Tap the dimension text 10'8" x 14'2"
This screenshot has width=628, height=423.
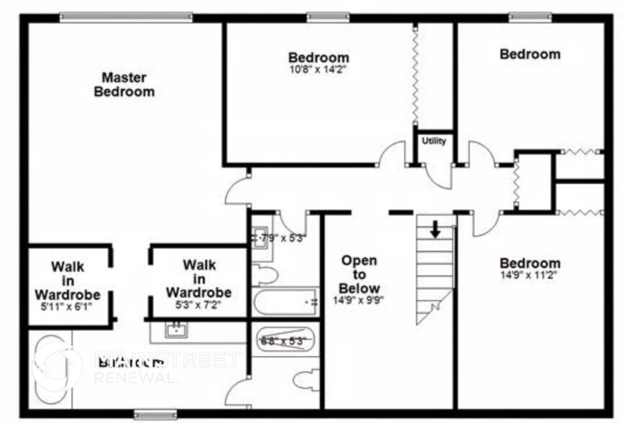pos(318,70)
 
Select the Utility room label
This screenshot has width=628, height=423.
pos(434,141)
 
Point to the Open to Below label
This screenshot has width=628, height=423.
pos(359,274)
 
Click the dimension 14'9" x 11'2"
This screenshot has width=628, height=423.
pos(529,275)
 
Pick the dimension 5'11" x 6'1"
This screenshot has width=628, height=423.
pos(67,306)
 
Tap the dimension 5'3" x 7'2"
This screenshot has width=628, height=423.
pos(198,304)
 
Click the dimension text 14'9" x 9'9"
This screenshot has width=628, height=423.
pos(359,301)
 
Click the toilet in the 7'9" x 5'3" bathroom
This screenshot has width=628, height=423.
pos(265,275)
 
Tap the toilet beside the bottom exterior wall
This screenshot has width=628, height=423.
pos(306,380)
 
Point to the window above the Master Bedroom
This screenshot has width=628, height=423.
pos(125,17)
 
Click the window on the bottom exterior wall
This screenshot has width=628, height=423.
pos(155,414)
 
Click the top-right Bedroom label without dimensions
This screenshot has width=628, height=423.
pos(529,54)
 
